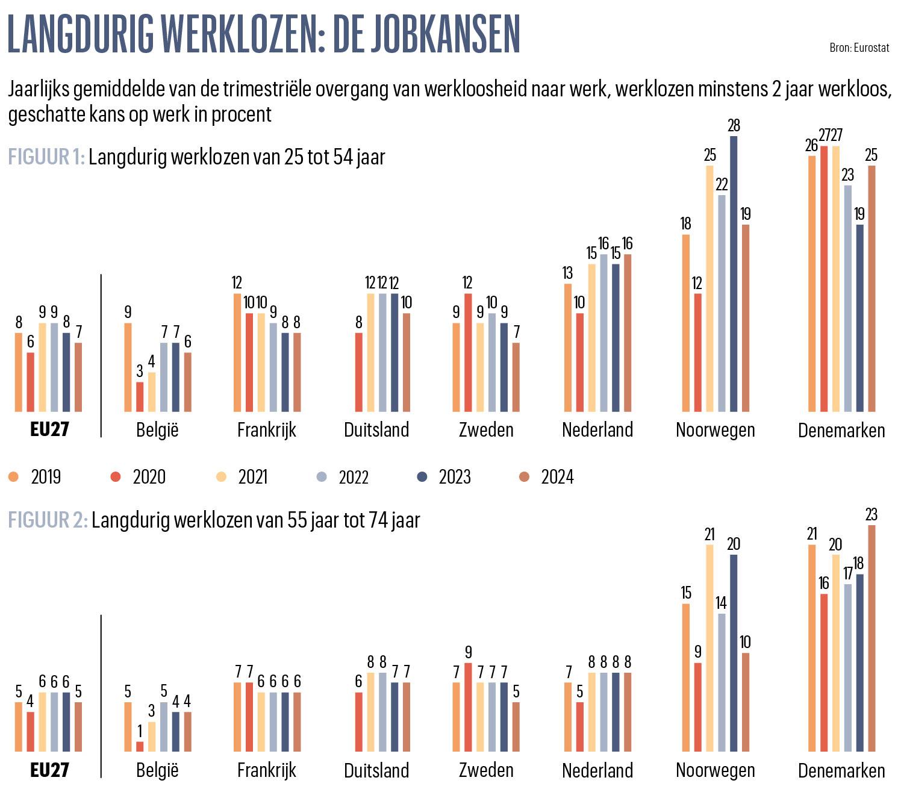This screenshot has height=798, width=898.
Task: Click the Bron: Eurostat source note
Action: [859, 48]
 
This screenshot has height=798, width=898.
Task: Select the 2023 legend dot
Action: [422, 477]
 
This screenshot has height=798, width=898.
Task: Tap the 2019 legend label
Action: [46, 477]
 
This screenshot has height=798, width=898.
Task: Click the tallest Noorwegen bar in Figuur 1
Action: [734, 274]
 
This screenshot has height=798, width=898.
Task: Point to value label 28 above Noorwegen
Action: [734, 126]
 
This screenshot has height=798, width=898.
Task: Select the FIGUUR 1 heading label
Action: [46, 157]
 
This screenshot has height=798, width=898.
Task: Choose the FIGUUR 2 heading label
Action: [48, 520]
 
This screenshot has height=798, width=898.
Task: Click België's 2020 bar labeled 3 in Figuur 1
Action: [140, 397]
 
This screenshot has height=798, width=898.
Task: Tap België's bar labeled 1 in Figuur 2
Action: [140, 746]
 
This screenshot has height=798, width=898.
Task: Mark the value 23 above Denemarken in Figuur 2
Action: [871, 515]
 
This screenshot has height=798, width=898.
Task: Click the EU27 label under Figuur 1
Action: [49, 429]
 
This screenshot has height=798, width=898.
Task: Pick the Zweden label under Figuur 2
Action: [486, 770]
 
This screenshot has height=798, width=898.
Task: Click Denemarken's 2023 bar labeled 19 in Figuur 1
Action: [859, 318]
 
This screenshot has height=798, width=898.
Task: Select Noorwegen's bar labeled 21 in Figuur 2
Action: [709, 648]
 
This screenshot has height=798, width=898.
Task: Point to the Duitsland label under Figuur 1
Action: [376, 430]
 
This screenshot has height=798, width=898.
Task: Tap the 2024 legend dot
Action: [525, 477]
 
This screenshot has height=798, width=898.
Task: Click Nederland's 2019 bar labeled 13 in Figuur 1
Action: [567, 348]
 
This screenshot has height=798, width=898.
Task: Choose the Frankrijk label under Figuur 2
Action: [267, 770]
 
